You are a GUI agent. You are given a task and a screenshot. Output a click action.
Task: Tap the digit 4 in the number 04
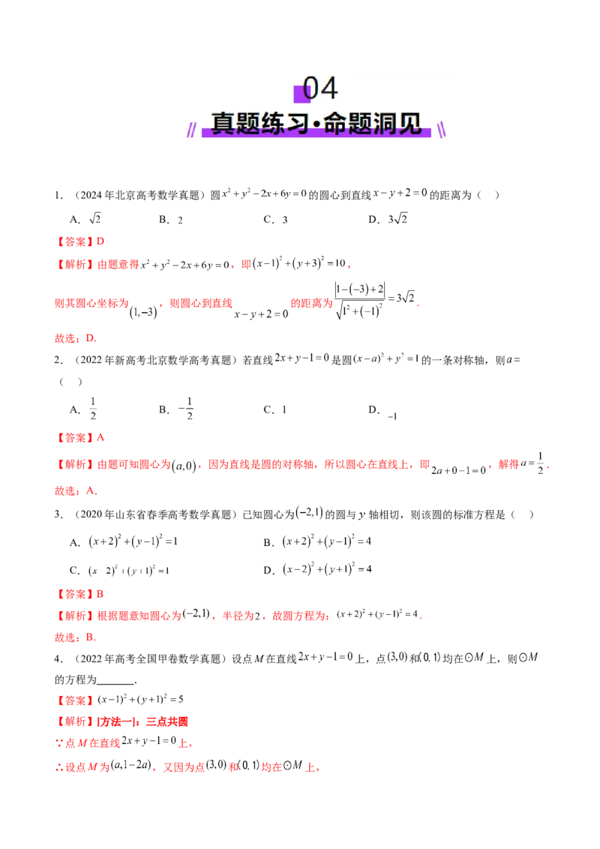[x=329, y=89]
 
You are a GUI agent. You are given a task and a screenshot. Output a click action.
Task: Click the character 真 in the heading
[x=223, y=124]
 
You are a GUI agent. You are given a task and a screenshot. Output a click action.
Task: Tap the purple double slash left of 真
[x=194, y=131]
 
